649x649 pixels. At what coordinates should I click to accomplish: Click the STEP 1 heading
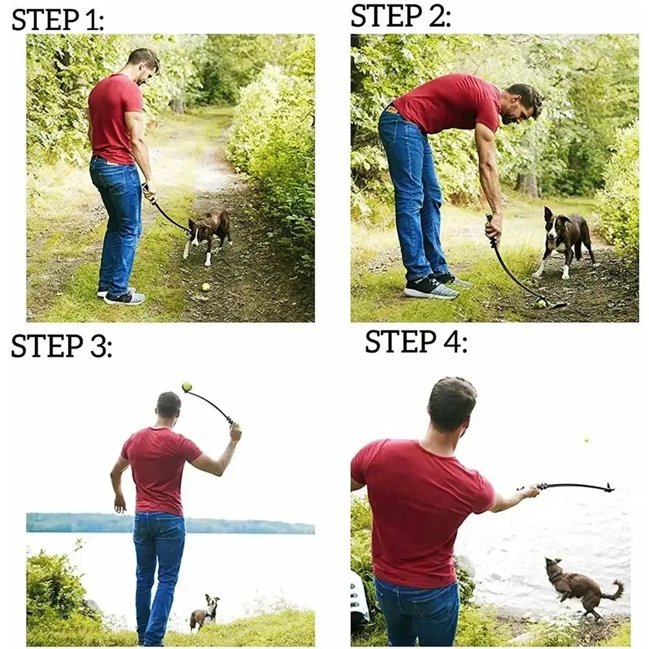pyautogui.click(x=58, y=20)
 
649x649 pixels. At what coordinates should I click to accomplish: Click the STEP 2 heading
pyautogui.click(x=400, y=16)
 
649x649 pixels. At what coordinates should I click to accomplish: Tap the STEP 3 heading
pyautogui.click(x=61, y=347)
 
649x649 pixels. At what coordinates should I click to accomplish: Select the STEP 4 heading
pyautogui.click(x=415, y=341)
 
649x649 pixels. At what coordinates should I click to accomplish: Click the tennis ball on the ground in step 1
pyautogui.click(x=206, y=286)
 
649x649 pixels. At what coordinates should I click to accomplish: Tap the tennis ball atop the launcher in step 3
pyautogui.click(x=187, y=387)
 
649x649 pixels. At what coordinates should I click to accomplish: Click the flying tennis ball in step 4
pyautogui.click(x=586, y=440)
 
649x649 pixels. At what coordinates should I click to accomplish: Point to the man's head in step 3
pyautogui.click(x=169, y=406)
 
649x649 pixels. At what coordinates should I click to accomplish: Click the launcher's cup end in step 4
pyautogui.click(x=608, y=487)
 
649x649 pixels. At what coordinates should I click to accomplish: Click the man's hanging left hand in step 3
pyautogui.click(x=119, y=504)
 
